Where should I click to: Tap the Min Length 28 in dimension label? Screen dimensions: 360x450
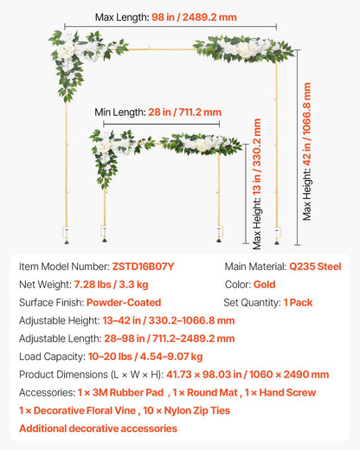(157, 112)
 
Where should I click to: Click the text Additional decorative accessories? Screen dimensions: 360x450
(97, 427)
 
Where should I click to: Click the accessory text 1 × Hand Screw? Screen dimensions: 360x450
(280, 392)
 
